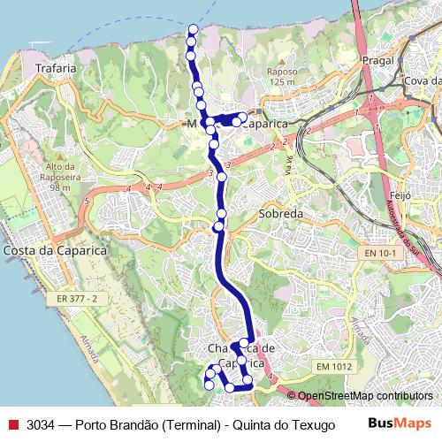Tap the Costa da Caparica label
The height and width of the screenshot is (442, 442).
click(55, 251)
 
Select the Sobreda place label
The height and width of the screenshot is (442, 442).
click(281, 215)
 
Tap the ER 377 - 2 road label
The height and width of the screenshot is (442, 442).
click(75, 299)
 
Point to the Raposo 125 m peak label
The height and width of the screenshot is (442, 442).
click(281, 76)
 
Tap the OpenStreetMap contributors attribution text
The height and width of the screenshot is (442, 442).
click(364, 397)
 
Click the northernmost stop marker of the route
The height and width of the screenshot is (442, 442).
click(193, 30)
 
